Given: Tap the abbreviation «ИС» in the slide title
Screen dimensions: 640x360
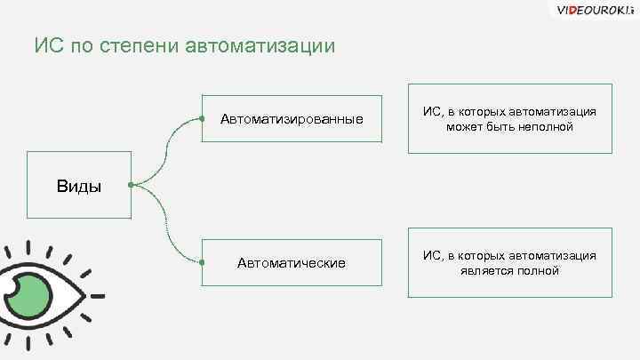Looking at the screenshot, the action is [x=48, y=45].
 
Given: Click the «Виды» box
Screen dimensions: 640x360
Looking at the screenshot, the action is [x=79, y=185].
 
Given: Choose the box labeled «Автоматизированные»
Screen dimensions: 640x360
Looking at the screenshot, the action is [x=292, y=118].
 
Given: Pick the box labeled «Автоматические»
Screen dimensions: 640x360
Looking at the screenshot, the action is [x=292, y=262].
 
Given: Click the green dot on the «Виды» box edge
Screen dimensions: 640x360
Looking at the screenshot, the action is [x=131, y=185].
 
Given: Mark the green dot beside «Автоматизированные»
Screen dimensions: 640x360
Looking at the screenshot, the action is [x=203, y=118].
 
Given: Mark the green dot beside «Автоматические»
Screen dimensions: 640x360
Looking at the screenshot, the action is [x=203, y=262].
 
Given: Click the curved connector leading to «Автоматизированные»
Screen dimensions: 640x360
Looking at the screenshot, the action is [x=166, y=147].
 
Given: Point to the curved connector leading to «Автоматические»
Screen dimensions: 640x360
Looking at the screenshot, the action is [x=166, y=227].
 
